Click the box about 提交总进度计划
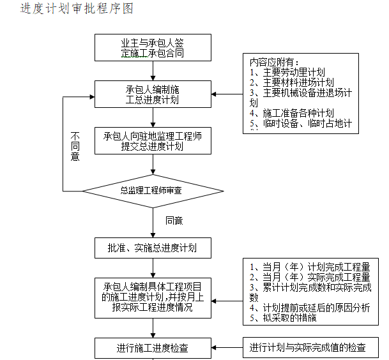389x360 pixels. point(153,142)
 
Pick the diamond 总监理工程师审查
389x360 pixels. point(153,190)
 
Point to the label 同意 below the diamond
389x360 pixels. point(174,220)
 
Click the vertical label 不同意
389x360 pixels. point(75,146)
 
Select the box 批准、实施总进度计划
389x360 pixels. point(153,248)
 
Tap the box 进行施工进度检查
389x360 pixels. point(153,349)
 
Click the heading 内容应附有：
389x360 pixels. point(275,63)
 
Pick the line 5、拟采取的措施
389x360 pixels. point(281,318)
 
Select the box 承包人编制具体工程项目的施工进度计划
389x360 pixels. point(153,297)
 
